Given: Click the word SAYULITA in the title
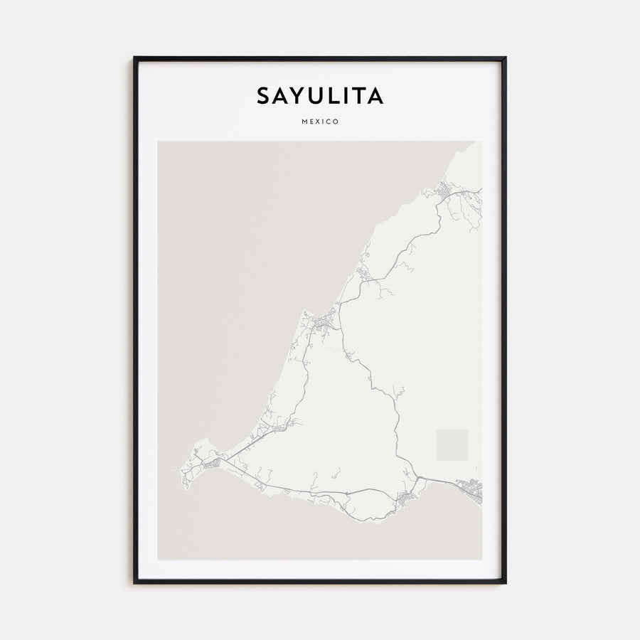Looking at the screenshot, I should pos(320,96).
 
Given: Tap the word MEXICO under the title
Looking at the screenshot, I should pos(320,122).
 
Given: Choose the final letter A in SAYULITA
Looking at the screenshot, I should pos(375,96).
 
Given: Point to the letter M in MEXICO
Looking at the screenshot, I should pos(304,122).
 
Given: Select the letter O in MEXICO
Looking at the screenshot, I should pos(336,122).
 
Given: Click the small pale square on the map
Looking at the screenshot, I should pos(452,444).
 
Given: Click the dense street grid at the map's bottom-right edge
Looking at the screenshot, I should pos(471,489).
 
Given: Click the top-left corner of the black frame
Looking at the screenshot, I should pos(134,58).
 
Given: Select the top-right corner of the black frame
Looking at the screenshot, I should pos(505,58).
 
